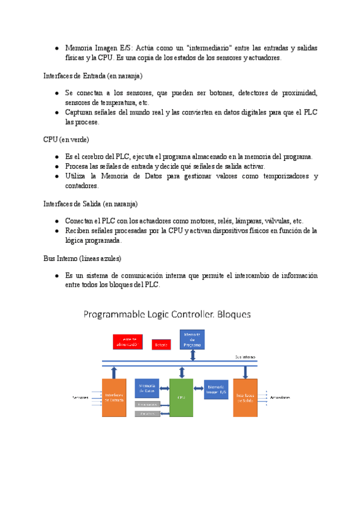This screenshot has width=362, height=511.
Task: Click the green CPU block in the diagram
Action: tap(181, 398)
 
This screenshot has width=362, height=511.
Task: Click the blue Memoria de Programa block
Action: tap(192, 340)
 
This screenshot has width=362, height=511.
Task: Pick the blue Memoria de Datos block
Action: tap(147, 388)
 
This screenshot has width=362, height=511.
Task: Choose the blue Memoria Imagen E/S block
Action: tap(216, 389)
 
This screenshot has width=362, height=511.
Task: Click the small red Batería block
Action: tap(161, 345)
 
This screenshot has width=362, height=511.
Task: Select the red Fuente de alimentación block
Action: tap(127, 342)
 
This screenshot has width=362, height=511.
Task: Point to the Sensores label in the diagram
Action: tap(81, 398)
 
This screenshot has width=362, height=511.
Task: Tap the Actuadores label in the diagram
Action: tap(281, 398)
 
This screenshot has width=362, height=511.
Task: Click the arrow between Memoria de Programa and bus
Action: tap(192, 355)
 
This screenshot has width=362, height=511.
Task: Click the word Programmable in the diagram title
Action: tap(111, 315)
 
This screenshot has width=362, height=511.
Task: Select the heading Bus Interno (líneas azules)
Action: tap(82, 258)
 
